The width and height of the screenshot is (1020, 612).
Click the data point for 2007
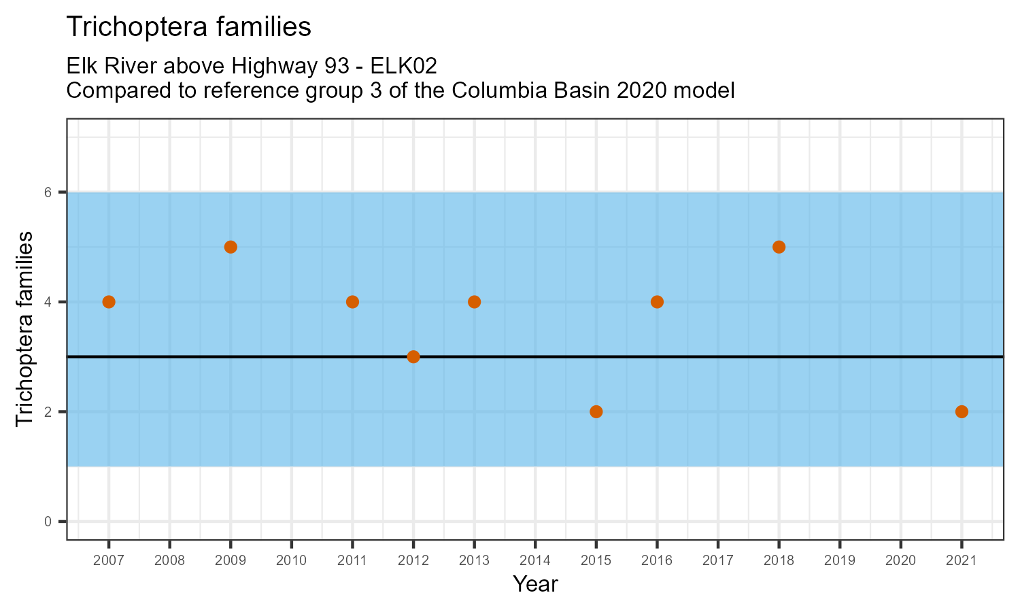point(109,302)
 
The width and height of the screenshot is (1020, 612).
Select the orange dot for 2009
point(231,247)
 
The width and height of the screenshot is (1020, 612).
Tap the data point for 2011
point(352,302)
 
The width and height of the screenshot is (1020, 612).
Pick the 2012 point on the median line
point(413,357)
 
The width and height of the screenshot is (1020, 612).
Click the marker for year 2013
point(474,302)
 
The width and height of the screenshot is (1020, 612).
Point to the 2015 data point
point(596,411)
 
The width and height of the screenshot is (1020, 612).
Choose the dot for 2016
point(657,302)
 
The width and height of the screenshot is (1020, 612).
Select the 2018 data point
point(779,247)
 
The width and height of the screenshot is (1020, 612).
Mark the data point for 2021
point(962,411)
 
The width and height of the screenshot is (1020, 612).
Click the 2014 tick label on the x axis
point(535,561)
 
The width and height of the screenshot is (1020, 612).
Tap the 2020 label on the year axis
point(900,561)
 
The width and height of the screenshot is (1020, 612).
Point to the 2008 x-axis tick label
point(169,561)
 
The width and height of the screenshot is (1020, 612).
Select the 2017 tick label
point(718,561)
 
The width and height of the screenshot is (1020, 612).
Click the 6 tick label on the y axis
point(48,192)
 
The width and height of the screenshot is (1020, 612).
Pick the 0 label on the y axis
point(48,522)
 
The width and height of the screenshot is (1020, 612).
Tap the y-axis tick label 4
point(48,302)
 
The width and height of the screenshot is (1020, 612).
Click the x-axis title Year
point(535,584)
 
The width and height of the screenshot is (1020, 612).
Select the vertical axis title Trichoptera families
point(24,329)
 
